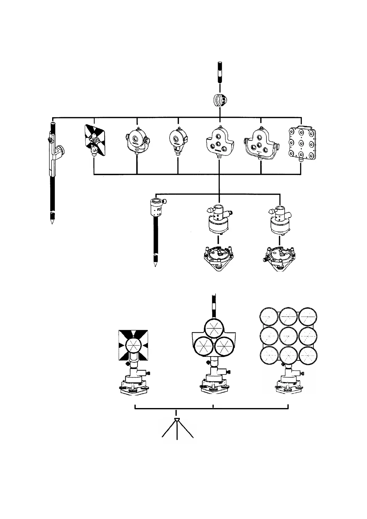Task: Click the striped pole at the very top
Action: (220, 72)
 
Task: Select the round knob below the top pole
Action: (220, 100)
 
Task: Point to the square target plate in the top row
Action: (95, 140)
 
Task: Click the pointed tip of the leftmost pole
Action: (52, 221)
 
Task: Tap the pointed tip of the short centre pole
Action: (155, 264)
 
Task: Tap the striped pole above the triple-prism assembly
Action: (213, 307)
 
